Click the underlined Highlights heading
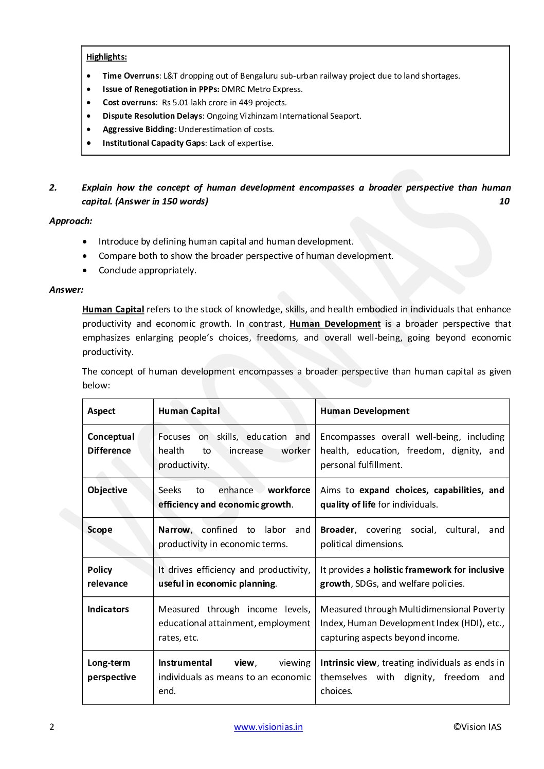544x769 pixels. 106,57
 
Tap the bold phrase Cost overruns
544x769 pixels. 129,102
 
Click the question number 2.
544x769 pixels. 53,187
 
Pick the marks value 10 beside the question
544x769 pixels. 504,201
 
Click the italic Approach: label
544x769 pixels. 71,221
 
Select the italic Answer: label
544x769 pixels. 66,290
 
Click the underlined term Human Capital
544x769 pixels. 113,309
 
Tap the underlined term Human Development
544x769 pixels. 335,324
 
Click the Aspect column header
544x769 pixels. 101,411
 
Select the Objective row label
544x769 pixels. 107,490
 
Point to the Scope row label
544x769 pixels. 100,530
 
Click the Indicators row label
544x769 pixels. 108,609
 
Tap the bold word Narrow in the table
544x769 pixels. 174,530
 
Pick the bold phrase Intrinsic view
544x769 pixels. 348,663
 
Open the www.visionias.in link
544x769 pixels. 268,727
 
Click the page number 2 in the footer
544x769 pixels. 51,727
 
